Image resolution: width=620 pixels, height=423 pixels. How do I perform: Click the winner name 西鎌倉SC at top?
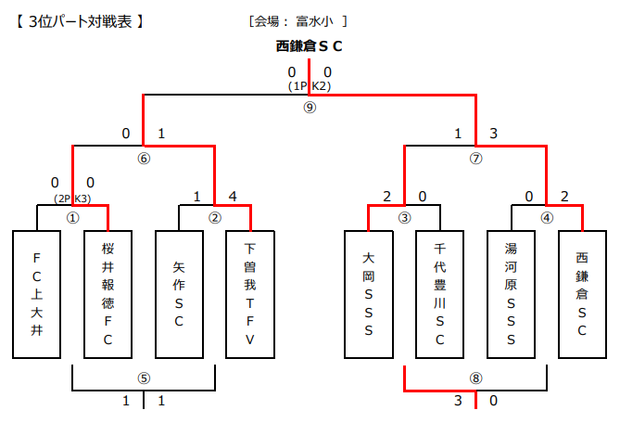point(310,45)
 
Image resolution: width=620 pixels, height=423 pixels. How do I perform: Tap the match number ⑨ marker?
point(310,107)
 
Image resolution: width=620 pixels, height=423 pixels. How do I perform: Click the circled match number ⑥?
point(144,158)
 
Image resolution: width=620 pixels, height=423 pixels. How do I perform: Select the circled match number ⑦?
point(475,158)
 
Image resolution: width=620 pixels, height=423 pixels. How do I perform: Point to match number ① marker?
point(72,218)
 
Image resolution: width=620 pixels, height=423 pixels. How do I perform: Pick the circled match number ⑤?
point(144,378)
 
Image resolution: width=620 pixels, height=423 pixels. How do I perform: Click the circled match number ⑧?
point(475,378)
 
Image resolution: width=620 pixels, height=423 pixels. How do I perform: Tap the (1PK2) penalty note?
point(310,85)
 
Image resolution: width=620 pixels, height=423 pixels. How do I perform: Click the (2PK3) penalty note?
point(72,198)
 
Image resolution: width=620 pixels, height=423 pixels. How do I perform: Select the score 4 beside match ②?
point(232,196)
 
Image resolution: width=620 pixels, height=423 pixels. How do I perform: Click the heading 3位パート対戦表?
point(80,19)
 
